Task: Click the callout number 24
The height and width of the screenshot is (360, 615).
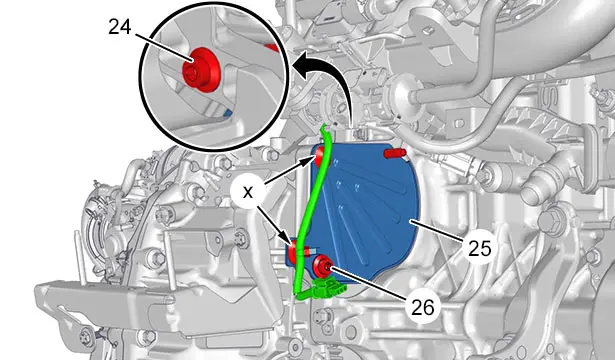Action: (x=120, y=27)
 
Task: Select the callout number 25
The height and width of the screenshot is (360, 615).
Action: (x=479, y=248)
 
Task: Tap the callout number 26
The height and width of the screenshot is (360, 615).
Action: (x=423, y=307)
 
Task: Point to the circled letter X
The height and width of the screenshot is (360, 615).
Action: (x=247, y=192)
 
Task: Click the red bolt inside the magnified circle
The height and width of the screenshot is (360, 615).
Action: (x=200, y=70)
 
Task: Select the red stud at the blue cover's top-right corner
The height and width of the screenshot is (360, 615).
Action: (x=395, y=153)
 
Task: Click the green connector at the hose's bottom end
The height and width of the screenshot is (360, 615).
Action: (x=328, y=290)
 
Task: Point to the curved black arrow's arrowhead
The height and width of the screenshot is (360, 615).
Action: (x=301, y=65)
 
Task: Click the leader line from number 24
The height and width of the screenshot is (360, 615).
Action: (x=164, y=47)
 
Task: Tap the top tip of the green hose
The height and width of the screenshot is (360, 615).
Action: (x=324, y=124)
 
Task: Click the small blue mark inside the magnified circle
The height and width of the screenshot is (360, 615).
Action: (x=227, y=114)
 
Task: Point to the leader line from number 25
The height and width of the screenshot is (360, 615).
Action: (x=437, y=231)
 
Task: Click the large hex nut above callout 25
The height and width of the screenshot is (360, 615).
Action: (x=549, y=221)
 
